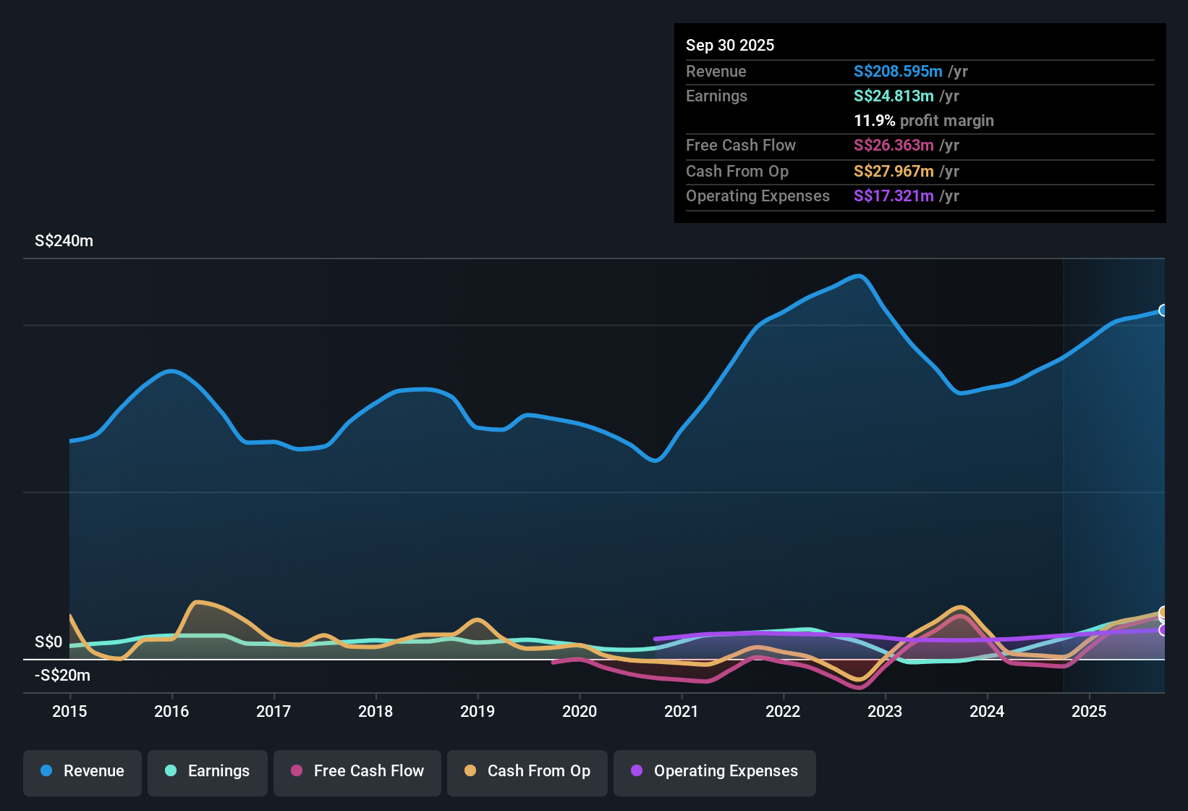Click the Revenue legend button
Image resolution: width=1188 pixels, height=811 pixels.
coord(82,771)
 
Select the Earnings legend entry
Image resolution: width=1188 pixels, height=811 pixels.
coord(208,771)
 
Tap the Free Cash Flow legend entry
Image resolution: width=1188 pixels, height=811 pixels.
coord(357,771)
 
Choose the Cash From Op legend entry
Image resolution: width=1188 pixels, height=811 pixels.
coord(527,771)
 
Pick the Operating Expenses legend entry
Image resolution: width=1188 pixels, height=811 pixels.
coord(715,771)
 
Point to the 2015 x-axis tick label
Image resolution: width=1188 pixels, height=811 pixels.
coord(69,711)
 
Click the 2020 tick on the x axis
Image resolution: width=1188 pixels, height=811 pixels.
coord(580,711)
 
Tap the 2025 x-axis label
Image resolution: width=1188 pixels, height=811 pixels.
coord(1089,711)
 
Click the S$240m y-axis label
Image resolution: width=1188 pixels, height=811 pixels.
coord(64,241)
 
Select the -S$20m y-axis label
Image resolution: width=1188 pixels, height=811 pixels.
coord(63,676)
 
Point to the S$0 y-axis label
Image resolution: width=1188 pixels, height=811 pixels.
coord(48,642)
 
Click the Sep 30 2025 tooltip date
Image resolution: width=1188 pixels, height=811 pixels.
coord(729,45)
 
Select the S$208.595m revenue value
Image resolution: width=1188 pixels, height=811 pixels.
coord(897,71)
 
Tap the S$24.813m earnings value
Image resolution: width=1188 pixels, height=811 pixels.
coord(893,96)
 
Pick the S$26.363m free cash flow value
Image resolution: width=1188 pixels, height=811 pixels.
coord(893,145)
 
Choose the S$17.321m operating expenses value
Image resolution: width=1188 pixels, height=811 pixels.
coord(893,196)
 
